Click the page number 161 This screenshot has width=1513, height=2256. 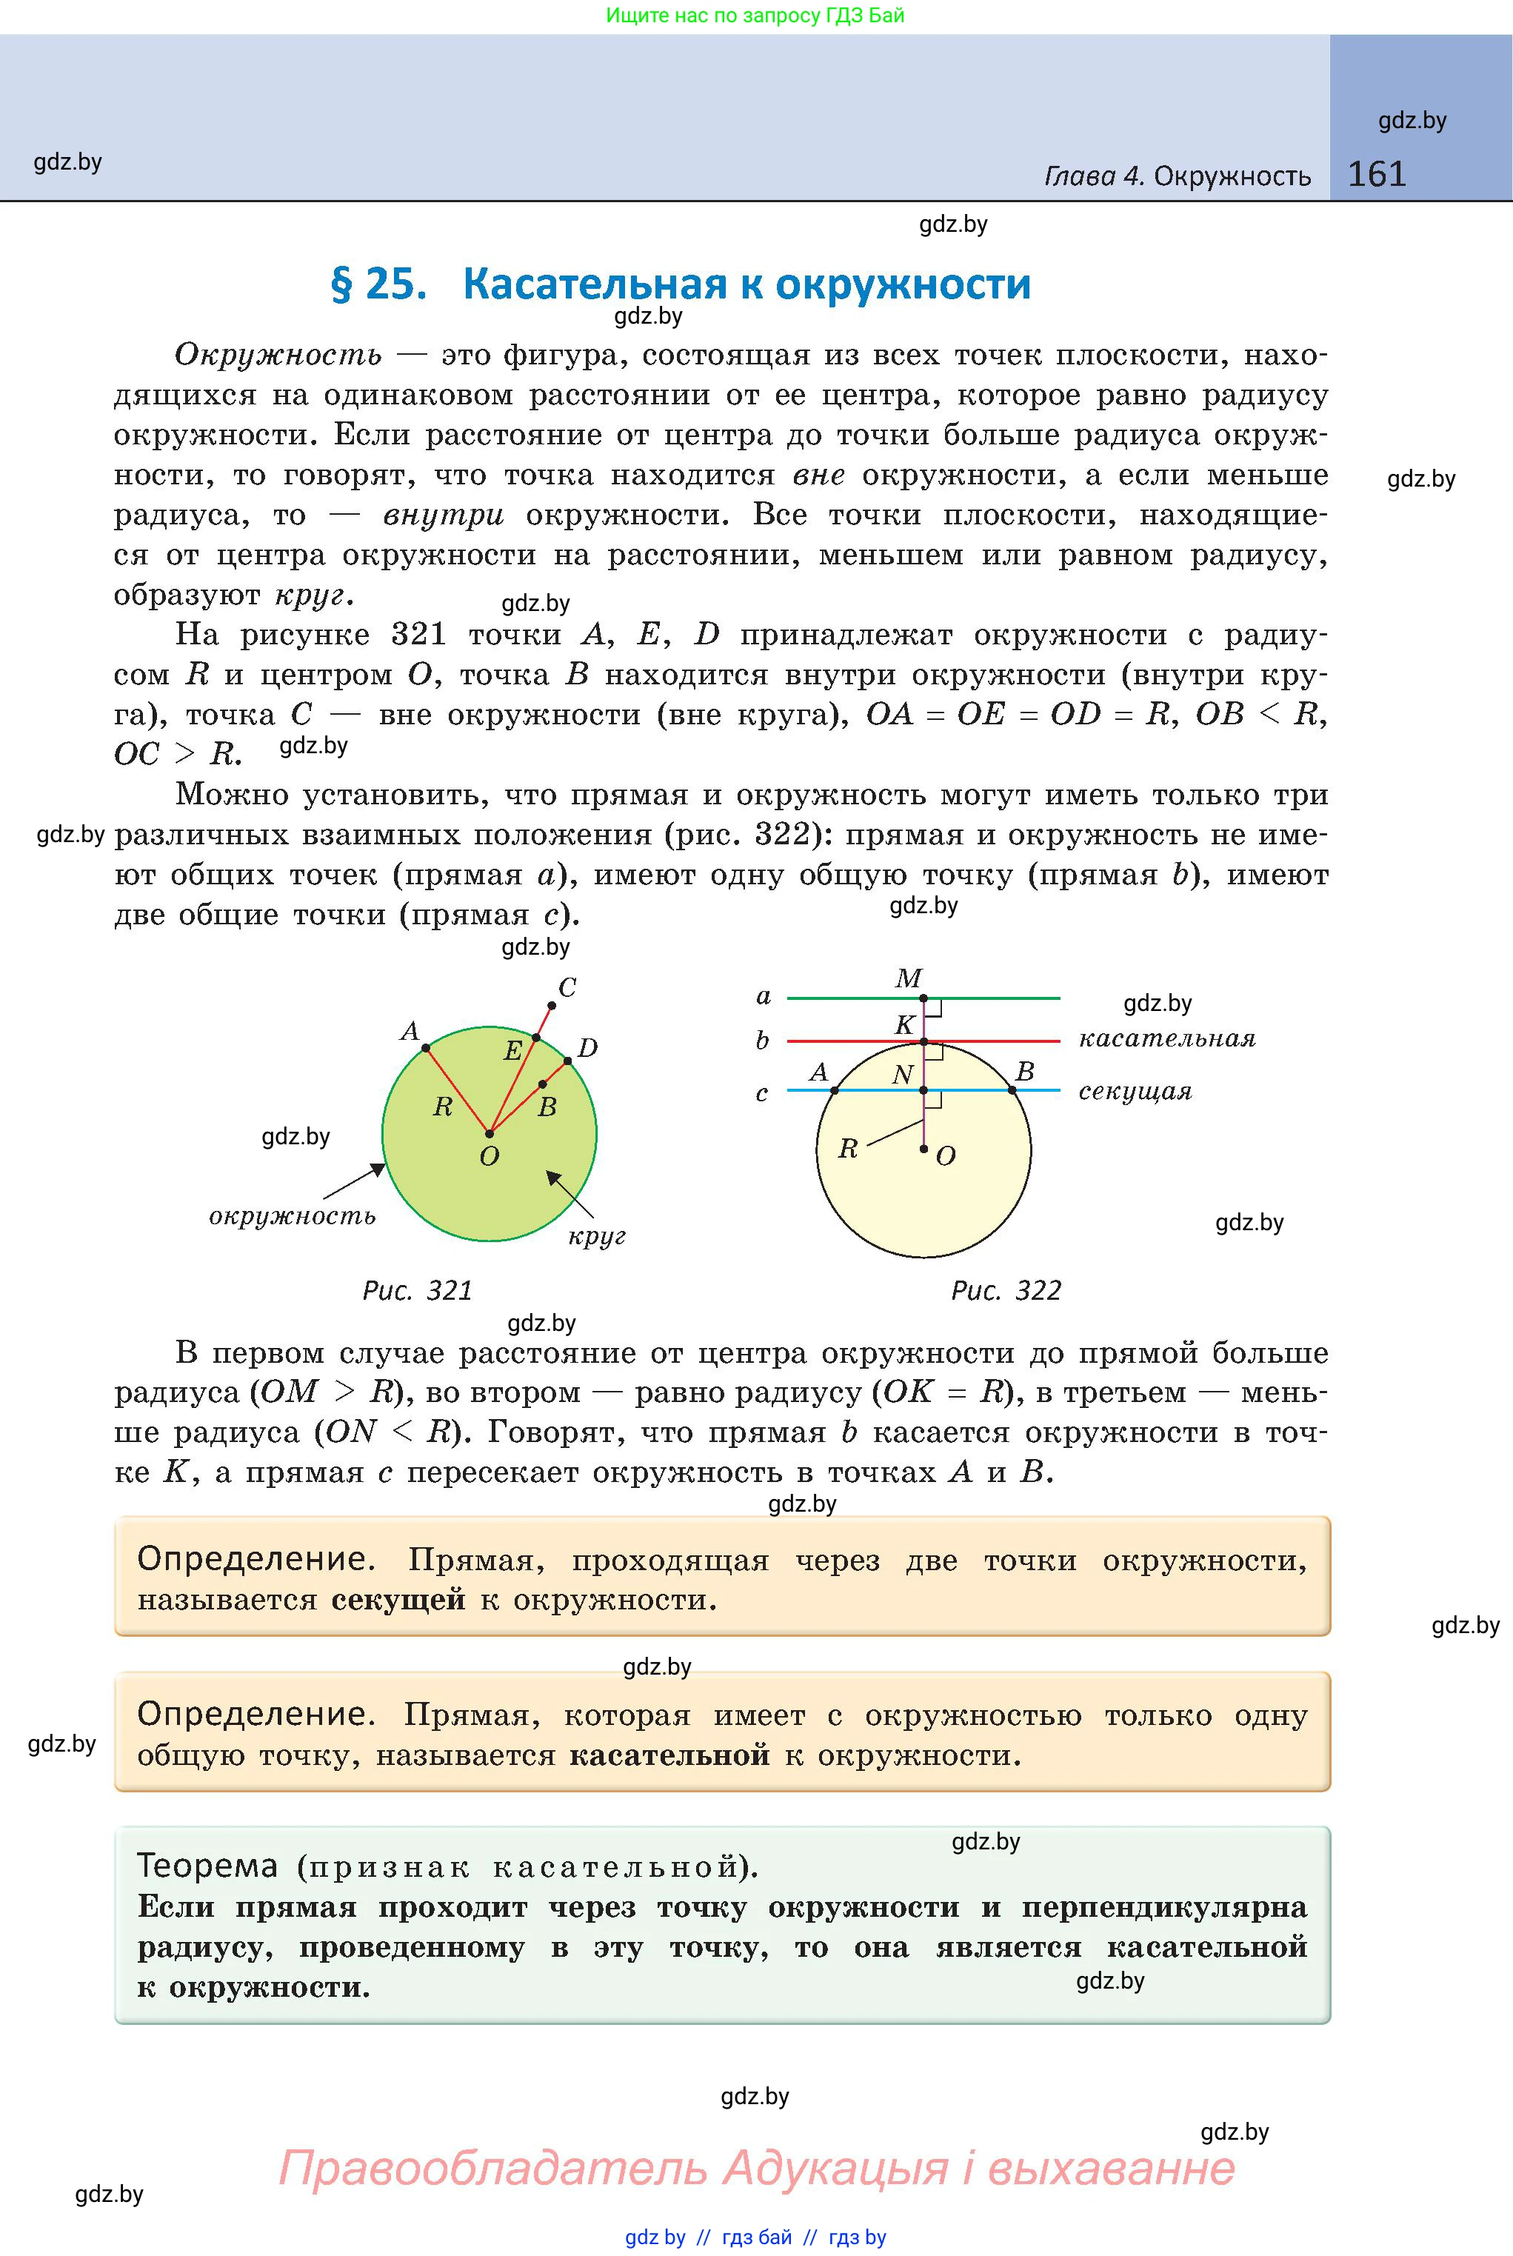pos(1376,174)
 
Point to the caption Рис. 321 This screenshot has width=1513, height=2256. pos(417,1290)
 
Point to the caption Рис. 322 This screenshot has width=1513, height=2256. pos(1006,1290)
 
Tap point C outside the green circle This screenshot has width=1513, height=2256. pos(567,987)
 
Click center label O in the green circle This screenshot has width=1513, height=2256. pos(490,1156)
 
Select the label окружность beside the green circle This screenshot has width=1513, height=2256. pos(293,1216)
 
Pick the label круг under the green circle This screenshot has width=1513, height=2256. pos(598,1236)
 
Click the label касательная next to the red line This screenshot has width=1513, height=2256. pos(1166,1039)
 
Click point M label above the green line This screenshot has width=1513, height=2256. pos(908,978)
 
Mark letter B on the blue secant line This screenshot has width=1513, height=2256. pos(1025,1071)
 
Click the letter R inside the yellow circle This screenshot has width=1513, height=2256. pos(848,1148)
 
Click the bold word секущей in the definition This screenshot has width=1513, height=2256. pos(398,1600)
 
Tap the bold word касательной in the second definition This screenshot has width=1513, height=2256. pos(669,1755)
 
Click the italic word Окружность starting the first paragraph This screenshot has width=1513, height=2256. pos(278,355)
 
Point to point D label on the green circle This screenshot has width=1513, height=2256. pos(587,1048)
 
